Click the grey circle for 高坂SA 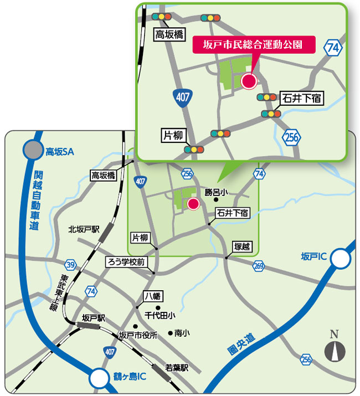pos(33,150)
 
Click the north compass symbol pos(334,349)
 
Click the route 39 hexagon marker pos(70,264)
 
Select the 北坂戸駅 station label pos(83,229)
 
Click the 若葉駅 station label pos(177,367)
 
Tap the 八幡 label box pos(151,296)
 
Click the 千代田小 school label pos(160,315)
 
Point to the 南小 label pos(182,333)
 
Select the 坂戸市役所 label pos(138,335)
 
